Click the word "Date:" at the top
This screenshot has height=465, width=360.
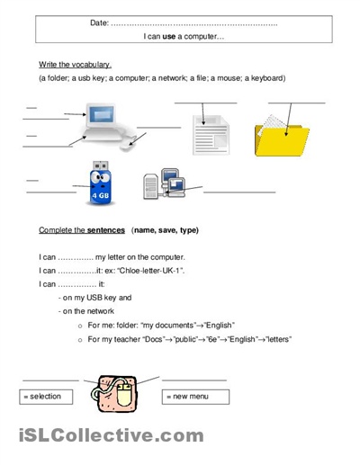tap(100, 22)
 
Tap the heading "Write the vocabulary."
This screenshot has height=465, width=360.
tap(76, 66)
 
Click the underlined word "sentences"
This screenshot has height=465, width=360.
tap(104, 230)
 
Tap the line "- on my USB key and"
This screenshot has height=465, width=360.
tap(94, 297)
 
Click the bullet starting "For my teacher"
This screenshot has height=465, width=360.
tap(189, 339)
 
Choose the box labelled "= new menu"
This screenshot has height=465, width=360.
tap(195, 396)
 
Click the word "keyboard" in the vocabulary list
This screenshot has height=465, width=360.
tap(266, 78)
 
